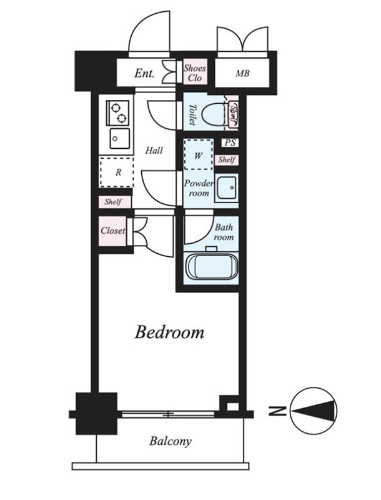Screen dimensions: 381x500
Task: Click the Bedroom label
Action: coord(169,332)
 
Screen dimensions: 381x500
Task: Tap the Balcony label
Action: coord(171,441)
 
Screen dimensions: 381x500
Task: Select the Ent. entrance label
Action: coord(144,73)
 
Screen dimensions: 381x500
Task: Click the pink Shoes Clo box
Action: coord(195,72)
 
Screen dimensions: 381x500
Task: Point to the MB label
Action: coord(242,74)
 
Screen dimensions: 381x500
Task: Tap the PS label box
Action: coord(230,142)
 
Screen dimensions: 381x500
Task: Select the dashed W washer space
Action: coord(199,154)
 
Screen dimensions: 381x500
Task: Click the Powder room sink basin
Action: coord(226,188)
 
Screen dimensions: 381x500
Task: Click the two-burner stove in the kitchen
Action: coord(118,113)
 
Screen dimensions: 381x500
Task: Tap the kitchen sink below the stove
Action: coord(119,138)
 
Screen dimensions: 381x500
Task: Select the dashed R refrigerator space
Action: coord(117,172)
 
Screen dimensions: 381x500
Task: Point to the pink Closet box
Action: coord(112,231)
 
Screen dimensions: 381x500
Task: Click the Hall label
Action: coord(154,150)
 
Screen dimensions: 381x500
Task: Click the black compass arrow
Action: coord(313,410)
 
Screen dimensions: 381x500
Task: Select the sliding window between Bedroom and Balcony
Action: coord(168,414)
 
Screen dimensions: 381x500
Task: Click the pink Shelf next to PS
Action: coord(227,159)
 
